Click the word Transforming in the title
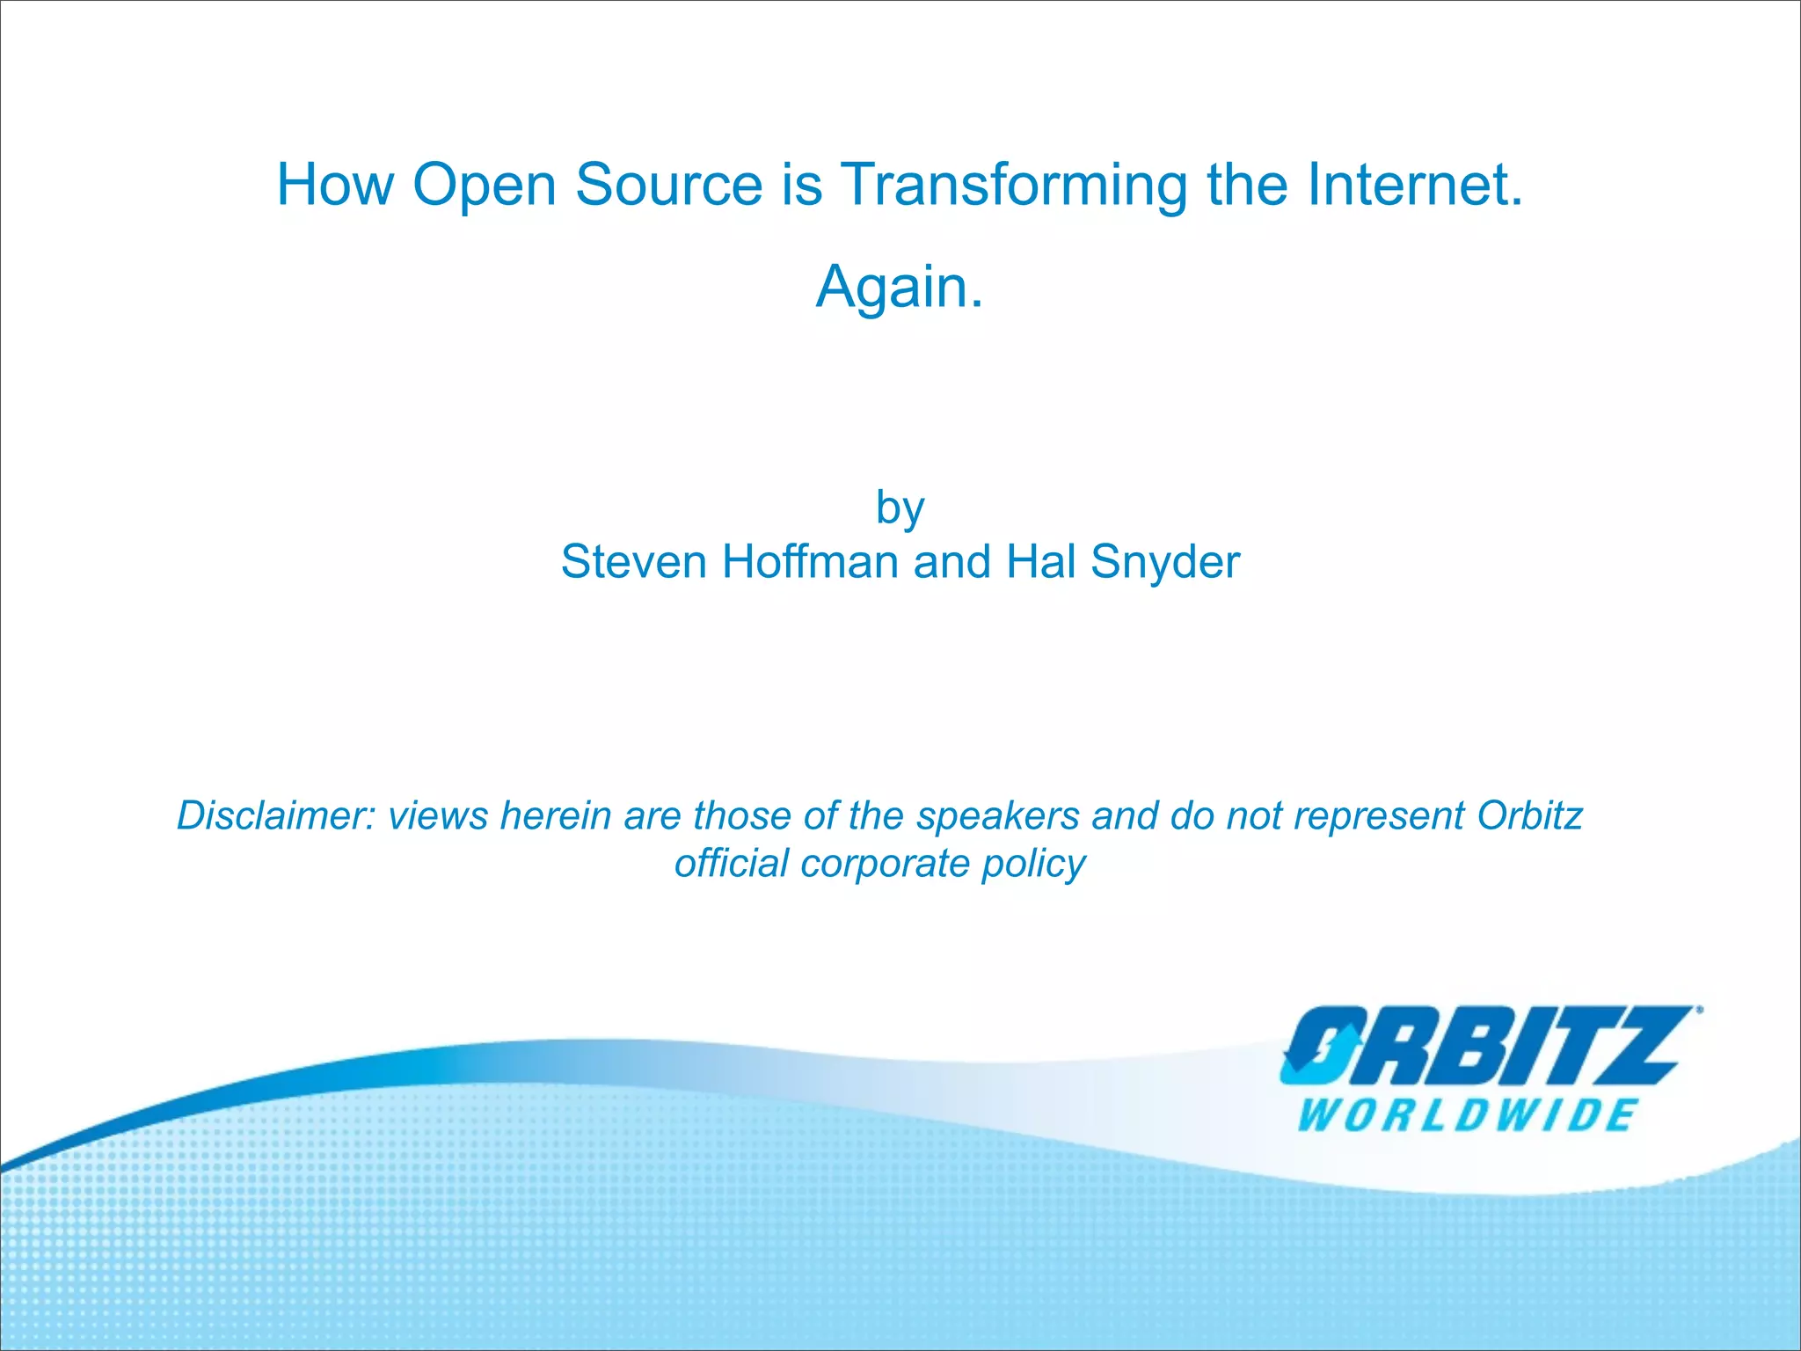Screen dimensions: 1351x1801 [x=1015, y=186]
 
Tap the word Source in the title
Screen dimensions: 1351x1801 [x=669, y=186]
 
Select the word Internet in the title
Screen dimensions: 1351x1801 [x=1408, y=186]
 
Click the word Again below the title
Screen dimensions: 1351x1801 [x=892, y=288]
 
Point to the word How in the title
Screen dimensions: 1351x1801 [x=335, y=186]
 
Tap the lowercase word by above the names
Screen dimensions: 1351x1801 [x=900, y=508]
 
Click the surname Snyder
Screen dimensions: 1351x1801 [x=1165, y=564]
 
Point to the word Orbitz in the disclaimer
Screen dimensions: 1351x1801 [x=1529, y=815]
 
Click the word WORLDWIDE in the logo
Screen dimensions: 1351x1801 [x=1466, y=1115]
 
